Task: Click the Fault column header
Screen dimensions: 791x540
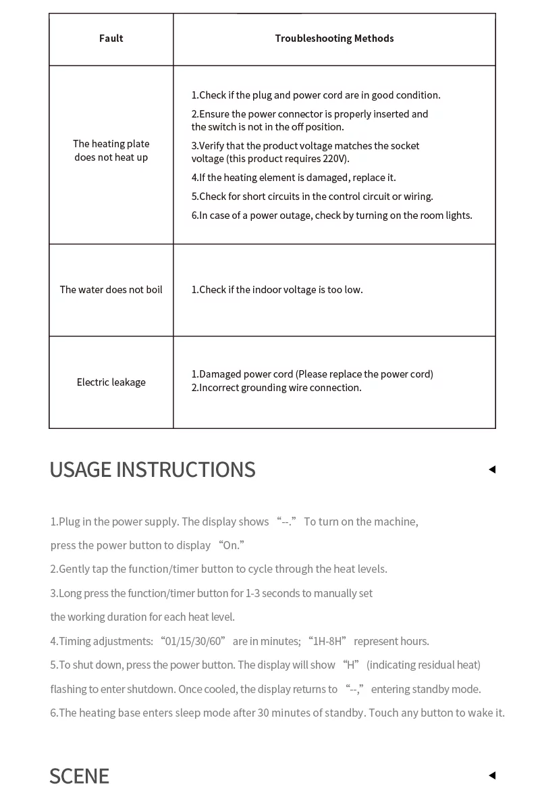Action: point(111,39)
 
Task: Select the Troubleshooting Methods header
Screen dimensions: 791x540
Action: point(334,39)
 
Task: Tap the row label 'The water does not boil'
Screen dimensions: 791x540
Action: point(111,290)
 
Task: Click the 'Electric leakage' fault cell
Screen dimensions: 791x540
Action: point(111,382)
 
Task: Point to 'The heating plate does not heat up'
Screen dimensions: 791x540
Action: point(111,151)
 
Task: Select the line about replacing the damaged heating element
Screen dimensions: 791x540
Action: point(294,178)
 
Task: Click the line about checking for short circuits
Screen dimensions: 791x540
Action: point(312,197)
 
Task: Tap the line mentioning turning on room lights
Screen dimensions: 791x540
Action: point(331,215)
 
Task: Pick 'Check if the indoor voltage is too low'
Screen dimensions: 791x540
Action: point(277,290)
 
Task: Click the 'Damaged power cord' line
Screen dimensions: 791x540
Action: point(312,374)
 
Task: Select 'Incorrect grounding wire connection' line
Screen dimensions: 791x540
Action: point(276,388)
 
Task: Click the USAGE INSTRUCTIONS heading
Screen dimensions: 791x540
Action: point(153,469)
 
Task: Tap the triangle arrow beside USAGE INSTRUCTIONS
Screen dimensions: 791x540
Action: point(492,469)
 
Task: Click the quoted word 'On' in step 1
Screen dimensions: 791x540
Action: point(232,546)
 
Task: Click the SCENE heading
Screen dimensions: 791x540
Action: point(79,775)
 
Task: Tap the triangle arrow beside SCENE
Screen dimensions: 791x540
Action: point(492,775)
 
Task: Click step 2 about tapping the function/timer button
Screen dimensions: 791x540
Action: point(219,569)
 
